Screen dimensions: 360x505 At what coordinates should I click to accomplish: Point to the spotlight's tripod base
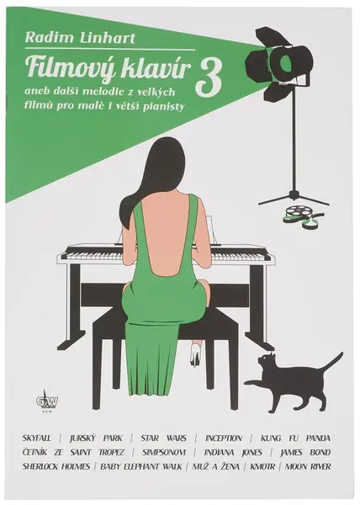294,197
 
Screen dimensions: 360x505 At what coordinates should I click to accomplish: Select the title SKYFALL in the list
37,439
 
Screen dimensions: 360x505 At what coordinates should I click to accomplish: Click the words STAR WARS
163,439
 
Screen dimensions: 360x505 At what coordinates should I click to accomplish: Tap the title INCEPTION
224,439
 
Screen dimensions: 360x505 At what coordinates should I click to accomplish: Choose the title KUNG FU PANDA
296,439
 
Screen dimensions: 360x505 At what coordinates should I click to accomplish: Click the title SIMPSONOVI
159,453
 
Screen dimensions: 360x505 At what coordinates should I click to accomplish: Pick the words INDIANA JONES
233,453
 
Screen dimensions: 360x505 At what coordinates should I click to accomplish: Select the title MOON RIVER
308,466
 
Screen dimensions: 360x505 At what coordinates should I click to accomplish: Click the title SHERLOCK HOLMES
56,466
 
